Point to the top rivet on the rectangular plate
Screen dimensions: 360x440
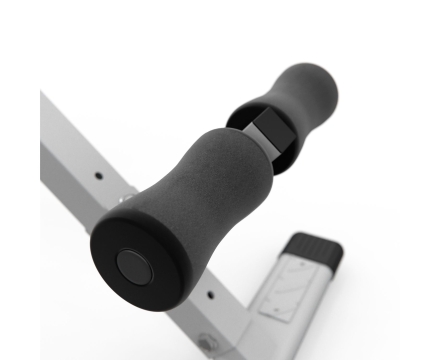coord(297,268)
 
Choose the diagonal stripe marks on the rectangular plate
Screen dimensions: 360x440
coord(287,289)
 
